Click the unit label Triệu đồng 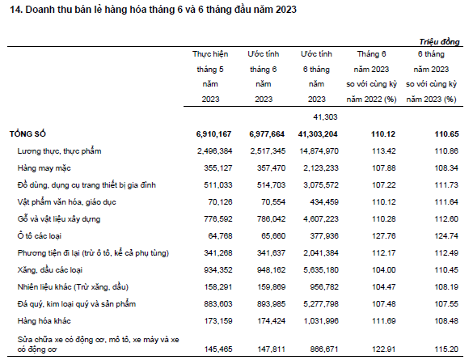[439, 41]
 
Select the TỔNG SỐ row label [27, 134]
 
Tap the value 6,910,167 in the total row [213, 134]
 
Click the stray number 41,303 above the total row [325, 117]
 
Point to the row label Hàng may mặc [44, 168]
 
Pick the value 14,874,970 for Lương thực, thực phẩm [319, 151]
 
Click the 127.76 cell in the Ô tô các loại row [384, 235]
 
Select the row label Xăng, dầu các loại [50, 270]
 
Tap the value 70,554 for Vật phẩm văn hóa [273, 202]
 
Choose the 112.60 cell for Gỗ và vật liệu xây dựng [446, 218]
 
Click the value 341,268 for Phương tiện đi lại [218, 253]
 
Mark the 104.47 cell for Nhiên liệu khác [384, 286]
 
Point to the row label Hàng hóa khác [44, 321]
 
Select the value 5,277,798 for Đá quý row [321, 304]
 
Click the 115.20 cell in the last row [446, 349]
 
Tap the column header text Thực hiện [210, 54]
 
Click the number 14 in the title [15, 10]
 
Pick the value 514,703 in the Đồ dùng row [271, 185]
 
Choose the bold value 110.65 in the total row [446, 134]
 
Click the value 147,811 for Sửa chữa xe [271, 349]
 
